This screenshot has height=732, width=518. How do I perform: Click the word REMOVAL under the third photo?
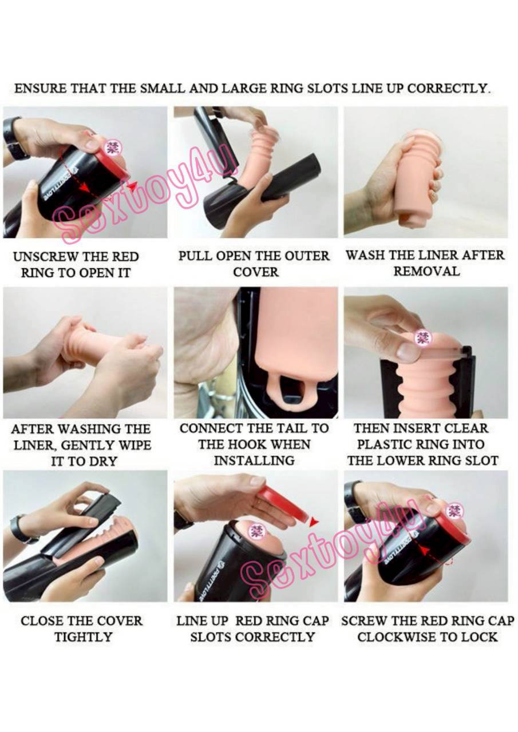pyautogui.click(x=426, y=272)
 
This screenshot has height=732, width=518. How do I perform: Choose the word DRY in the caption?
pyautogui.click(x=103, y=462)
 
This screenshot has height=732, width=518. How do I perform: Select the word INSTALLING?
pyautogui.click(x=255, y=461)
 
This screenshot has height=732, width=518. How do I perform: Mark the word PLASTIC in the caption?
pyautogui.click(x=391, y=444)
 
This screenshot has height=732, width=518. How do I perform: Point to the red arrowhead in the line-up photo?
pyautogui.click(x=315, y=522)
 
